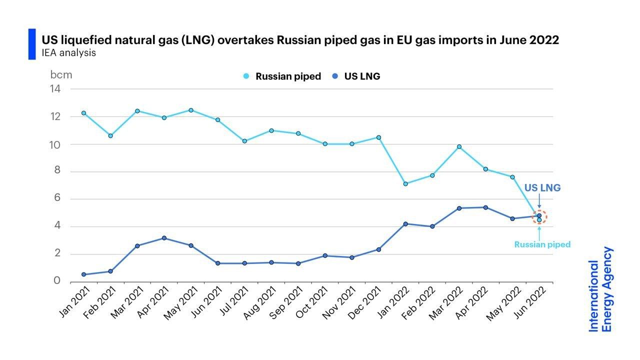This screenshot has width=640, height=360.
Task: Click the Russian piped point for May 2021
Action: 191,110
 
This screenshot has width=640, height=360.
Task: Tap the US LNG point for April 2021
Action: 164,238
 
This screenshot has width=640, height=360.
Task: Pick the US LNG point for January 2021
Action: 83,274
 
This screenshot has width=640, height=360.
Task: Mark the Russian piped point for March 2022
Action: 459,147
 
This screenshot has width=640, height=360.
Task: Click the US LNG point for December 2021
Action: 378,249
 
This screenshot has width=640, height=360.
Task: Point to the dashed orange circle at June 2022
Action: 539,217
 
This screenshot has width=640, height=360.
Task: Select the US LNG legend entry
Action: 356,76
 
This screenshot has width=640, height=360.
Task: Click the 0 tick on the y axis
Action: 57,281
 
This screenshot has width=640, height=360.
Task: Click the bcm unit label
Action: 61,75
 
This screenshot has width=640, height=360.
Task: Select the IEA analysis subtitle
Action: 68,52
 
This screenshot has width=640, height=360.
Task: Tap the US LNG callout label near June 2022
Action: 542,188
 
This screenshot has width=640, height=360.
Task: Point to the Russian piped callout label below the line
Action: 542,245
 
